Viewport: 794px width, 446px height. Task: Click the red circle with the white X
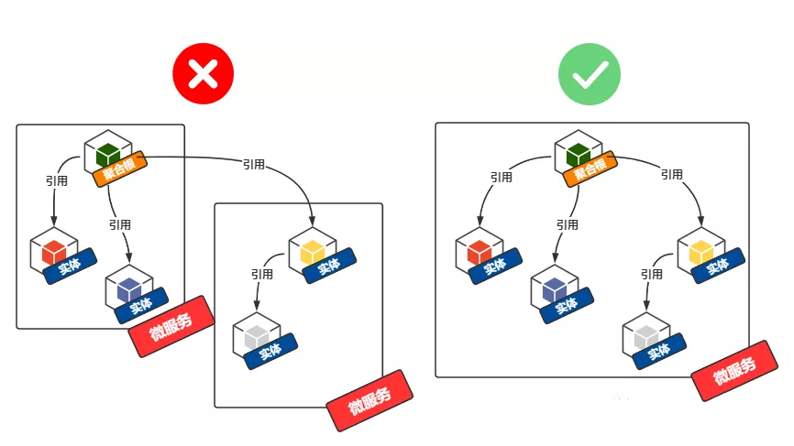[x=203, y=73]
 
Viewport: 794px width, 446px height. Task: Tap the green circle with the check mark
[x=590, y=73]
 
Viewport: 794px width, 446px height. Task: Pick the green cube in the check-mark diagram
[x=579, y=151]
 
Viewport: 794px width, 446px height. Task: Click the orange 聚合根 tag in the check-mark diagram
[x=592, y=170]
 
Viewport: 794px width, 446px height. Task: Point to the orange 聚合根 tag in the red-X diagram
[x=120, y=170]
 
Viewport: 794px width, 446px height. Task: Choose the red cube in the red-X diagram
[x=53, y=249]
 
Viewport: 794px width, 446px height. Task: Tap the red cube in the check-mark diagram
[x=480, y=250]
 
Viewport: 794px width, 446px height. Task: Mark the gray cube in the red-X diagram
[x=256, y=334]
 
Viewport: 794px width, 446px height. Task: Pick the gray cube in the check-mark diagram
[x=646, y=333]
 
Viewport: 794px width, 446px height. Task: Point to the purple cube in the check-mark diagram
[x=555, y=288]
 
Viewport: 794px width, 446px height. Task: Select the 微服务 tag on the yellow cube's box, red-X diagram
[x=369, y=400]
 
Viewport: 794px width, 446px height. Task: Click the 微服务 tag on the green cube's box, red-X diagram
[x=171, y=325]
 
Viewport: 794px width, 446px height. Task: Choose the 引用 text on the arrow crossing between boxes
[x=254, y=164]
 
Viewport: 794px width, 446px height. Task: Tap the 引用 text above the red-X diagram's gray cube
[x=261, y=274]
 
